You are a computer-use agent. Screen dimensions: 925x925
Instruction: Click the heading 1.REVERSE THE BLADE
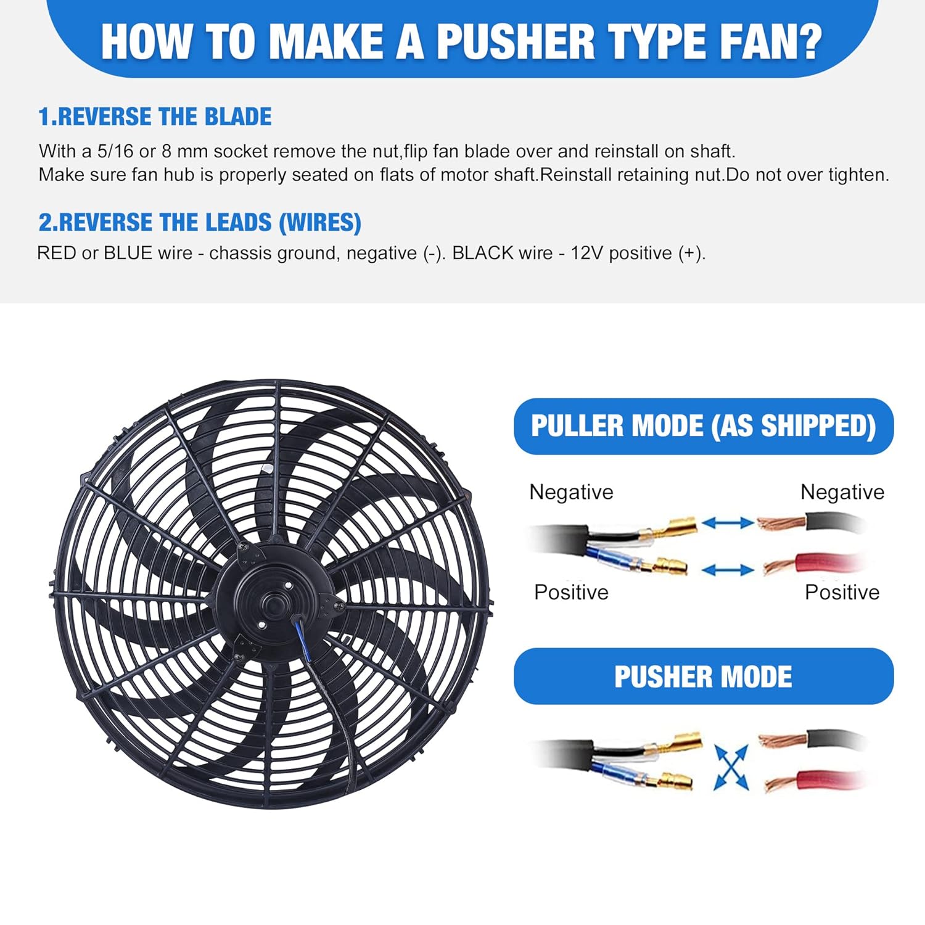(x=155, y=117)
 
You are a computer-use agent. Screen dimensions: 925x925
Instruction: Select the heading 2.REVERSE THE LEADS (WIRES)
(x=200, y=223)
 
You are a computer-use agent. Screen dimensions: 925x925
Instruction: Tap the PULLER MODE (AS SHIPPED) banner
(x=703, y=426)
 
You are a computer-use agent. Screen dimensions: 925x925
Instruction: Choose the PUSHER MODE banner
(x=703, y=676)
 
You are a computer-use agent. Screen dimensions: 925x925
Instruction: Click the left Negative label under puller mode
(x=571, y=492)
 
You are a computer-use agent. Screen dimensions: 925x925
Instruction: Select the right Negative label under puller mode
(x=842, y=492)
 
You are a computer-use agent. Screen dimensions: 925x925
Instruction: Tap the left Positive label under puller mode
(x=571, y=592)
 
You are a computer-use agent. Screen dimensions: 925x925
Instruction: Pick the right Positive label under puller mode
(x=842, y=592)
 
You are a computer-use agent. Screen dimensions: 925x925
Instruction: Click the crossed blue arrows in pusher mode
(x=731, y=767)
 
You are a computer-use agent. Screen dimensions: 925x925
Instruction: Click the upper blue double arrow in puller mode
(x=728, y=523)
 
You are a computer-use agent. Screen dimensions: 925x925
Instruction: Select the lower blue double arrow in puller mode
(x=728, y=570)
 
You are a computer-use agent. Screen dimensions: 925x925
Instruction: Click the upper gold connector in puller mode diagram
(x=675, y=527)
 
